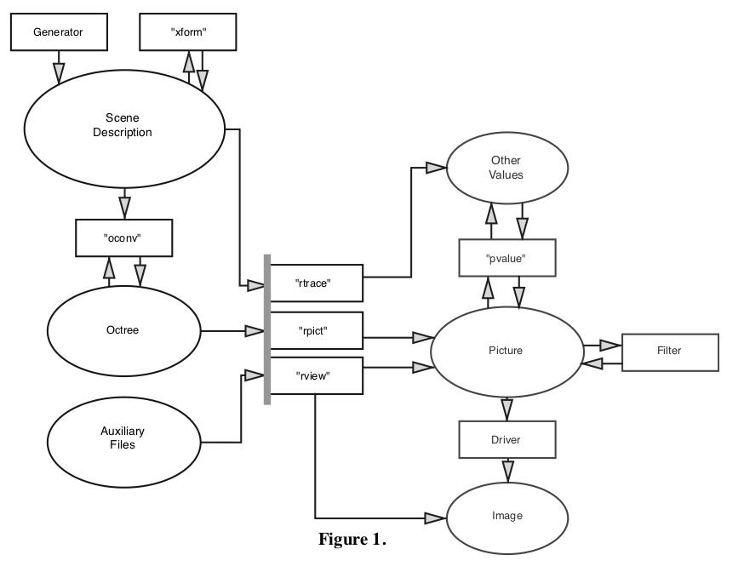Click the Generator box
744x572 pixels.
tap(58, 32)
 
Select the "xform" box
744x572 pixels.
tap(187, 32)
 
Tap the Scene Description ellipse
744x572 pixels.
tap(123, 126)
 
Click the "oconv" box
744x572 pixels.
tap(123, 237)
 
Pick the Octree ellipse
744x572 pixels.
tap(123, 330)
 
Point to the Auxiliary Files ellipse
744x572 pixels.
tap(123, 438)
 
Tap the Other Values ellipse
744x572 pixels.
tap(506, 168)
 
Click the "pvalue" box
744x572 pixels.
tap(507, 257)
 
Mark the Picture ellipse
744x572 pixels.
tap(506, 350)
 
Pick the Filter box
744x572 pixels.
tap(670, 351)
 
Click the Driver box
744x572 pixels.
tap(507, 440)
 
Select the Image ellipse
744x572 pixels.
tap(507, 516)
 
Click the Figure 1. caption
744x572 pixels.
tap(352, 539)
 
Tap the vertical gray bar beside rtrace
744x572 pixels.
tap(267, 329)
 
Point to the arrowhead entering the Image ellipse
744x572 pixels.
tap(435, 518)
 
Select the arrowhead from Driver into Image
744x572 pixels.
tap(508, 471)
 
